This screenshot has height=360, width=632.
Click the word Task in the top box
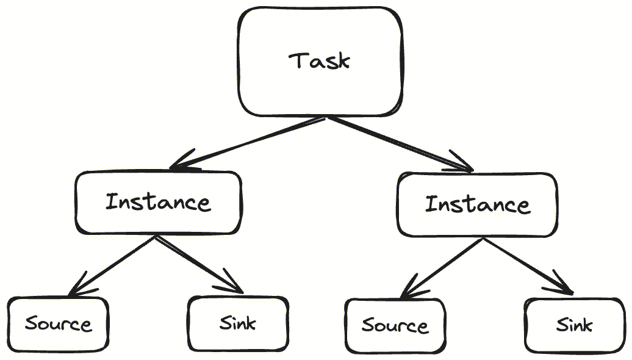click(x=320, y=61)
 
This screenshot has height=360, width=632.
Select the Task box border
click(x=239, y=61)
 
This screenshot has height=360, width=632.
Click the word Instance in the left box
click(x=158, y=202)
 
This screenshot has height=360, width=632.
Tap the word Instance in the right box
click(x=477, y=204)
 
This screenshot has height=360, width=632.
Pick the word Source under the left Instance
click(x=58, y=323)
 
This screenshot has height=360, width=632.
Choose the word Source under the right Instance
click(x=395, y=325)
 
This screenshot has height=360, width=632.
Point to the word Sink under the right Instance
click(x=573, y=325)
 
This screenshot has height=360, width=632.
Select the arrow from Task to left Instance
click(x=250, y=142)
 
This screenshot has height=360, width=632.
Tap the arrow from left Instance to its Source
click(x=113, y=265)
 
